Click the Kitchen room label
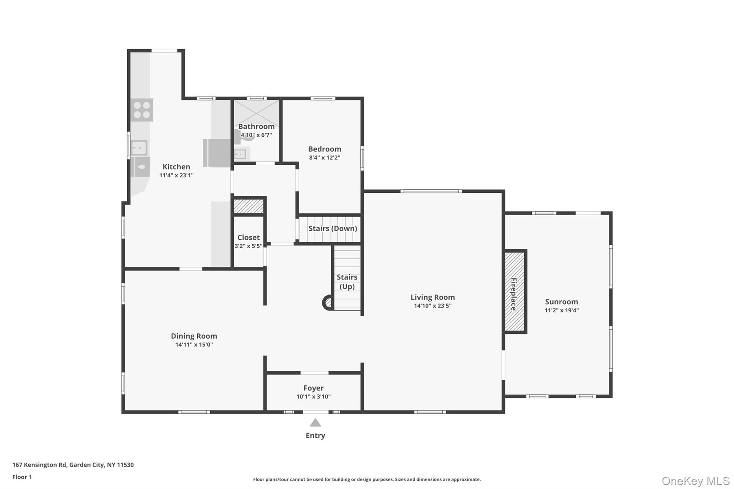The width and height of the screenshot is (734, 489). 176,167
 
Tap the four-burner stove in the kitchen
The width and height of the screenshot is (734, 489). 142,110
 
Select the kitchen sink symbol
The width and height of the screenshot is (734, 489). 139,148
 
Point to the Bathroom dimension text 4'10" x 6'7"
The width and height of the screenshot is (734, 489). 256,135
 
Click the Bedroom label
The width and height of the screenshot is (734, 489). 325,149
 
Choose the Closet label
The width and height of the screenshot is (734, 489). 248,237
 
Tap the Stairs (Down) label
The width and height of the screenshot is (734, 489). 333,228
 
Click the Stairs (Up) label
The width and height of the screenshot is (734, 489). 347,282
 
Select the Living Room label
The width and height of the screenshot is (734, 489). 433,297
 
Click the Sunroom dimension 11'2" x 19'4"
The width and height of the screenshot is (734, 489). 562,310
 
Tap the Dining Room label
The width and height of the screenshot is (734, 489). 194,336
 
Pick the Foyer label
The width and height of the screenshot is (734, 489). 313,388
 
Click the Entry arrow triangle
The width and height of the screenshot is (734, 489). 315,422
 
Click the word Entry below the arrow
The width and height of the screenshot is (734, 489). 315,435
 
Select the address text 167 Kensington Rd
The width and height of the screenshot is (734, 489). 39,465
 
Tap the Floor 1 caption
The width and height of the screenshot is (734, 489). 22,477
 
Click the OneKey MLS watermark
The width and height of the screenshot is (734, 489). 696,481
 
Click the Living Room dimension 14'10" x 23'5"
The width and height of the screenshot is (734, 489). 433,306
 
